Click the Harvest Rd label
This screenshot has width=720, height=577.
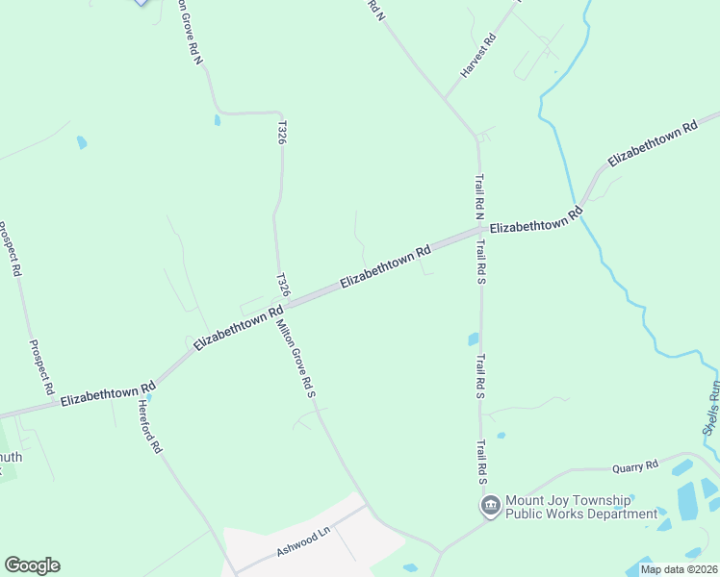(x=477, y=57)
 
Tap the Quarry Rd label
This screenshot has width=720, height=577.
(x=635, y=467)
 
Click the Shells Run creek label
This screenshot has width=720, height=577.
(x=710, y=408)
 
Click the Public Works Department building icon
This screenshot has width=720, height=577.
(x=490, y=505)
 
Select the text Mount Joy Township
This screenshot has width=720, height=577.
(x=569, y=500)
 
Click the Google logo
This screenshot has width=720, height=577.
(x=32, y=565)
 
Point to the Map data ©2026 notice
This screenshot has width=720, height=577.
(x=679, y=569)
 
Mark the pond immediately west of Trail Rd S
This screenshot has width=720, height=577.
(x=473, y=339)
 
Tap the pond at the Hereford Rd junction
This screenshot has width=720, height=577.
(x=148, y=396)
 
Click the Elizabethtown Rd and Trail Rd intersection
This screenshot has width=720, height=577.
(x=480, y=231)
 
